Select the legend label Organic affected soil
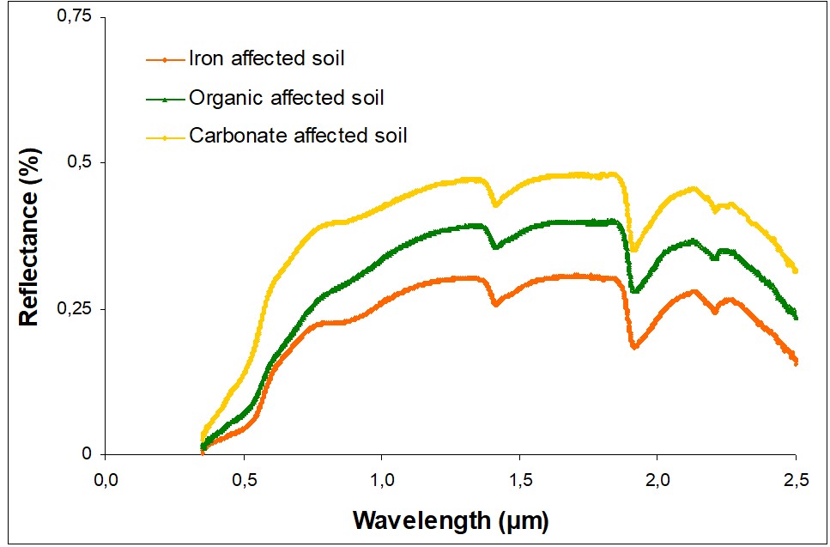pos(286,97)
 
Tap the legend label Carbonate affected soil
pos(298,136)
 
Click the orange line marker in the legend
pos(165,60)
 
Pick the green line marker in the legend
pos(165,98)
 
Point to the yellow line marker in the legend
pos(165,137)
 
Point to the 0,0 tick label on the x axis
pos(106,478)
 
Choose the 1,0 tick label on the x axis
pos(382,478)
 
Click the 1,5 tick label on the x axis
pos(519,478)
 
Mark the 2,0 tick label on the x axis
pos(657,478)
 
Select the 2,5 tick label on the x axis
pos(796,478)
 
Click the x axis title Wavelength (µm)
pos(451,520)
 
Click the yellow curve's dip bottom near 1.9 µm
pos(633,250)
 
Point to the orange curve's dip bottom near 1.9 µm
pos(634,347)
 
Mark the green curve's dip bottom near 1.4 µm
pos(495,247)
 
